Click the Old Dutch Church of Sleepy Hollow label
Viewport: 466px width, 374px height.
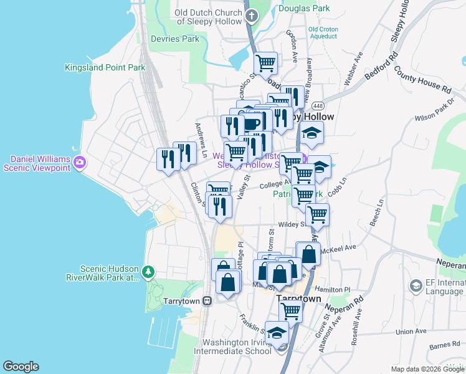point(208,17)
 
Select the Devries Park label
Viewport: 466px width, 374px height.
point(175,39)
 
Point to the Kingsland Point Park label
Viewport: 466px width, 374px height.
point(105,67)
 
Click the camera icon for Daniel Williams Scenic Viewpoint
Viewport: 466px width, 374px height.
point(79,163)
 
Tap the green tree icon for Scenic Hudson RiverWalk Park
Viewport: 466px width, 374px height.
point(148,271)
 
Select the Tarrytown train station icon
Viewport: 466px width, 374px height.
point(207,300)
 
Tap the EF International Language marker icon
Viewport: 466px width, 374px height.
point(416,285)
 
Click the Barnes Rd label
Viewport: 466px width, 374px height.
point(444,344)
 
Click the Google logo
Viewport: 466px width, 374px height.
point(21,367)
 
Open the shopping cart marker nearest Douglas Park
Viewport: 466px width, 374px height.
point(266,62)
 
